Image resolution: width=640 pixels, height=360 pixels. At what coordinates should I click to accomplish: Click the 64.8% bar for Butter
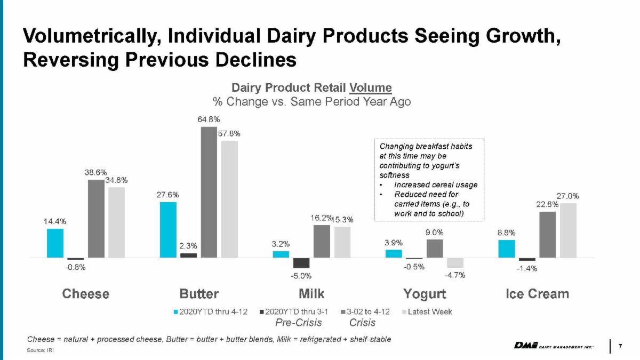coord(209,192)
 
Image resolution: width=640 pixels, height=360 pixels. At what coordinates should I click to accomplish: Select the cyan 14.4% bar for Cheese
coord(55,243)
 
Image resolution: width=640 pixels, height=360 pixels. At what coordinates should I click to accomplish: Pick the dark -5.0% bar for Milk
coord(301,263)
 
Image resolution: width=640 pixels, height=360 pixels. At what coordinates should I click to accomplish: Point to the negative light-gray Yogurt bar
coord(455,262)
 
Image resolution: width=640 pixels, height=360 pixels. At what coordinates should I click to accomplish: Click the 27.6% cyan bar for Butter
coord(168,230)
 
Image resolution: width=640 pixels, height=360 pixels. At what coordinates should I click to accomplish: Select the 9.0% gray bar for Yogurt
coord(435,249)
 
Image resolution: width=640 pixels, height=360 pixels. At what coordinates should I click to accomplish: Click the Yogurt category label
coord(425,294)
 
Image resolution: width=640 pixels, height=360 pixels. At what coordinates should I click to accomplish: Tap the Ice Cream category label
coord(537,294)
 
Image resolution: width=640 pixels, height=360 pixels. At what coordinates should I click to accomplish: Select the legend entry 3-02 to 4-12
coord(367,311)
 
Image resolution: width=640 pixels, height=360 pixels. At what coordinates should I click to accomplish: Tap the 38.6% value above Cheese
coord(95,172)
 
